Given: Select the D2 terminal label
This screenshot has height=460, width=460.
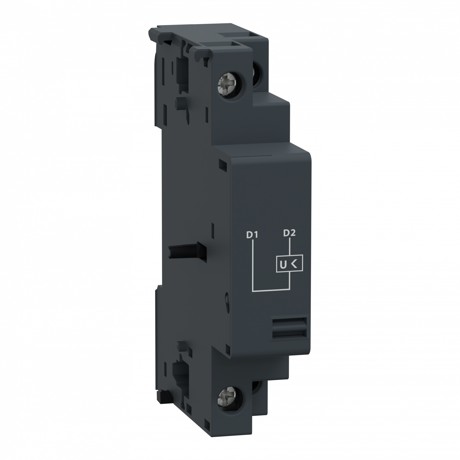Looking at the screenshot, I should [289, 233].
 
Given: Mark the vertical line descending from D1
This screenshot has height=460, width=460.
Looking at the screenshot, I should [252, 264].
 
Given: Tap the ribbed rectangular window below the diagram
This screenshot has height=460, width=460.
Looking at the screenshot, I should [289, 328].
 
